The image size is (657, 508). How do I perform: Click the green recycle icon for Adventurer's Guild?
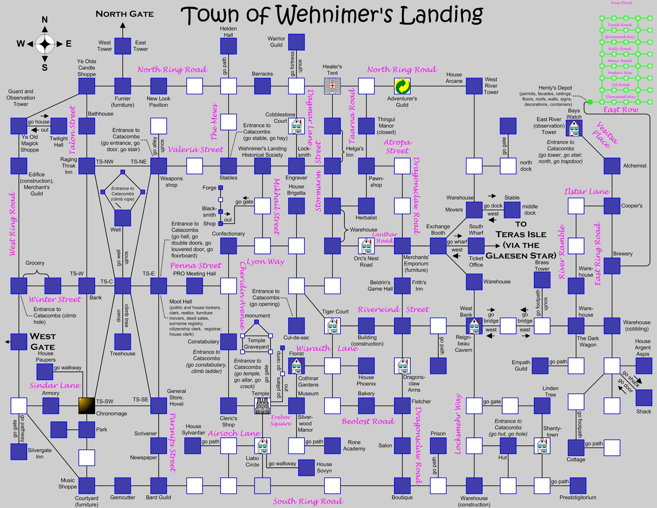click(402, 86)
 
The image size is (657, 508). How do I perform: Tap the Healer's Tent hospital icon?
click(332, 86)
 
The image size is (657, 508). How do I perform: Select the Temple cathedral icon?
click(262, 406)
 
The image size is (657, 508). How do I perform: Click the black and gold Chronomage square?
click(87, 406)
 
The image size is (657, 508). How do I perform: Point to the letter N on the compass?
click(45, 20)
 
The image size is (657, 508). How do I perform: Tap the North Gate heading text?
click(125, 14)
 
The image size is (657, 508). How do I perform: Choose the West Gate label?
click(43, 342)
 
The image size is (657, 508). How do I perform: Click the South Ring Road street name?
click(308, 501)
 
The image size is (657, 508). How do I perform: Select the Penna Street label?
click(196, 265)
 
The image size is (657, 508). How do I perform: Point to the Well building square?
click(123, 218)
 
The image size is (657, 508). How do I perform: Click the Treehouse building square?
click(123, 342)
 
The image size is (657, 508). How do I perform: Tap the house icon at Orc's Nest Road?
click(366, 246)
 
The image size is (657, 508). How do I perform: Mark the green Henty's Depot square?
click(590, 102)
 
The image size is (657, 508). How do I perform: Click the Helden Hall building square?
click(228, 46)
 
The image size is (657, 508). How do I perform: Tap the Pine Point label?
click(622, 3)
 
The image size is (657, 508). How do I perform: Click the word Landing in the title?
click(441, 15)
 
